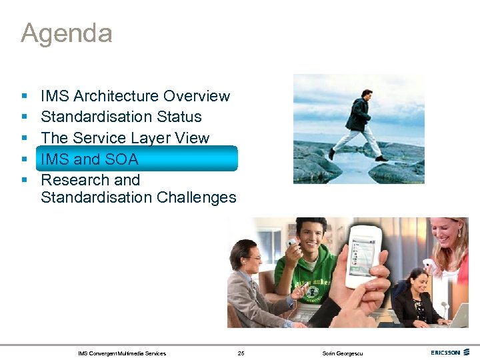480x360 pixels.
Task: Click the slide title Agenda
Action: pos(66,33)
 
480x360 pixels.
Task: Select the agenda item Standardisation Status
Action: pos(121,117)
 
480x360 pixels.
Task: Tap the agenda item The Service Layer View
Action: pos(125,138)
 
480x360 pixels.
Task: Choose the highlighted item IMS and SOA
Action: pos(89,159)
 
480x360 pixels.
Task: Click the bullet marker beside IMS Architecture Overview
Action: pos(24,97)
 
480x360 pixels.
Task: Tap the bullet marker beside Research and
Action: pos(24,181)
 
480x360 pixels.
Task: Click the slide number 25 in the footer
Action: pos(241,353)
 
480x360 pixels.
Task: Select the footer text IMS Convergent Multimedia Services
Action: pos(122,353)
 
